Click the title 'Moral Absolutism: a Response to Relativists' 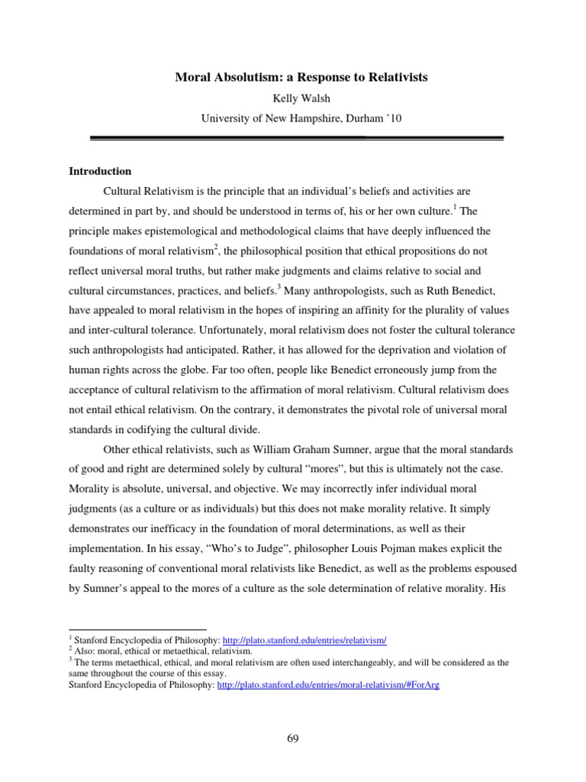click(x=292, y=78)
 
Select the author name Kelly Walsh click(x=292, y=98)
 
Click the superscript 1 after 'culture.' click(x=456, y=207)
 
